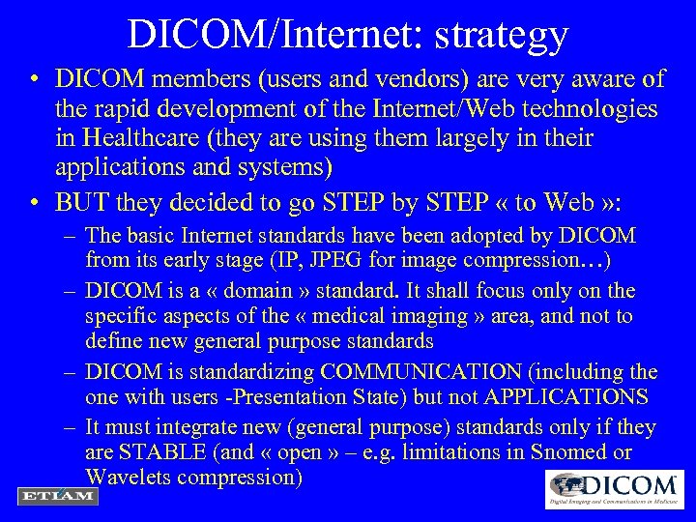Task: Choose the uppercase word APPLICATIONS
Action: coord(565,396)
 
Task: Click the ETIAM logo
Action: coord(58,496)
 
